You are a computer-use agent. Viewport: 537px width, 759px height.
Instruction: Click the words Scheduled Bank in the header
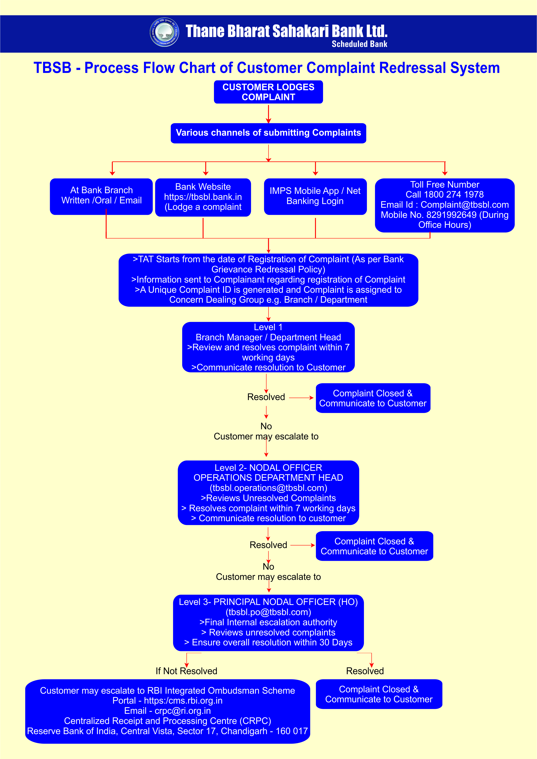(x=359, y=44)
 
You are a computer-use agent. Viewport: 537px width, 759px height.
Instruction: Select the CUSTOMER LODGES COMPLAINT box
(x=268, y=92)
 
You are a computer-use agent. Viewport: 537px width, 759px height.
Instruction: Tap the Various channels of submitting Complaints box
(x=268, y=133)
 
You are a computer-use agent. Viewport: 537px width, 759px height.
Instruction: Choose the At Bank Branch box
(x=101, y=196)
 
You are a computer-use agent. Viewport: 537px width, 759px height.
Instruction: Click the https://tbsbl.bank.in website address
(x=203, y=197)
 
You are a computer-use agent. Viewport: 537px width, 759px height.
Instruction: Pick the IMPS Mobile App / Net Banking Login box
(x=315, y=196)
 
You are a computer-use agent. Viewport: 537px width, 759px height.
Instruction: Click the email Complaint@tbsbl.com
(x=464, y=205)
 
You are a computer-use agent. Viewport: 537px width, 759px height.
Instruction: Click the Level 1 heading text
(x=268, y=327)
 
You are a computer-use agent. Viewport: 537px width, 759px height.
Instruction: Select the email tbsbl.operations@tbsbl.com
(x=268, y=488)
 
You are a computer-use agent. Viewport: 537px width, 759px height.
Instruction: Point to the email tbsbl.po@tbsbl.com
(x=268, y=612)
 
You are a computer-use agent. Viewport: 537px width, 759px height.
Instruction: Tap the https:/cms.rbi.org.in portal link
(x=183, y=701)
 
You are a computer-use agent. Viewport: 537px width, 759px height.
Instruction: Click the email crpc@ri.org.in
(x=183, y=711)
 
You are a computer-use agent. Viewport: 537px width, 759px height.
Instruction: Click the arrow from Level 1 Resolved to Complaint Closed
(x=301, y=398)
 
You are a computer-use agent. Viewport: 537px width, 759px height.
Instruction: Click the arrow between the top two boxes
(x=268, y=113)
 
